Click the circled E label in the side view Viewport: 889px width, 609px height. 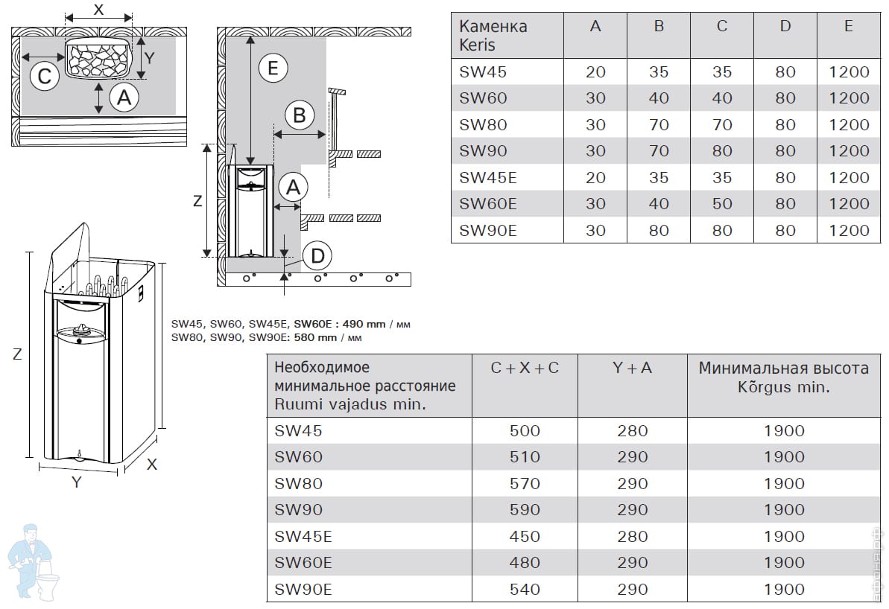coord(273,68)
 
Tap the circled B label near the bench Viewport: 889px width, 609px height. coord(299,115)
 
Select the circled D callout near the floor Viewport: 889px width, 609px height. coord(317,256)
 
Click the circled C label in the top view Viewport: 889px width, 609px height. coord(44,77)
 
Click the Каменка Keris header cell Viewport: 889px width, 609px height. coord(493,35)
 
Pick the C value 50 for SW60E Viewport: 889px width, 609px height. coord(722,204)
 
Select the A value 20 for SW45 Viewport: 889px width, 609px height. coord(595,72)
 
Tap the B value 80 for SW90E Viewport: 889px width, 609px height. coord(658,231)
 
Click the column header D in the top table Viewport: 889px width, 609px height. coord(785,26)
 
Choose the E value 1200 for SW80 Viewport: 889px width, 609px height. coord(849,124)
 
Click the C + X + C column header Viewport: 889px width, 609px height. coord(525,369)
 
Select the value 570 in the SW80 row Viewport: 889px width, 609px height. coord(525,484)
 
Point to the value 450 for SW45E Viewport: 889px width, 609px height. coord(525,537)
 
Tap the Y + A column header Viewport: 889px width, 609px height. coord(632,369)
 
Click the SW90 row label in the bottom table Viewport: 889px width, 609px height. coord(298,510)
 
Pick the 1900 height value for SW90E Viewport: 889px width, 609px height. coord(784,590)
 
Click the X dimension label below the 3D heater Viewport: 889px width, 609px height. coord(151,465)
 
